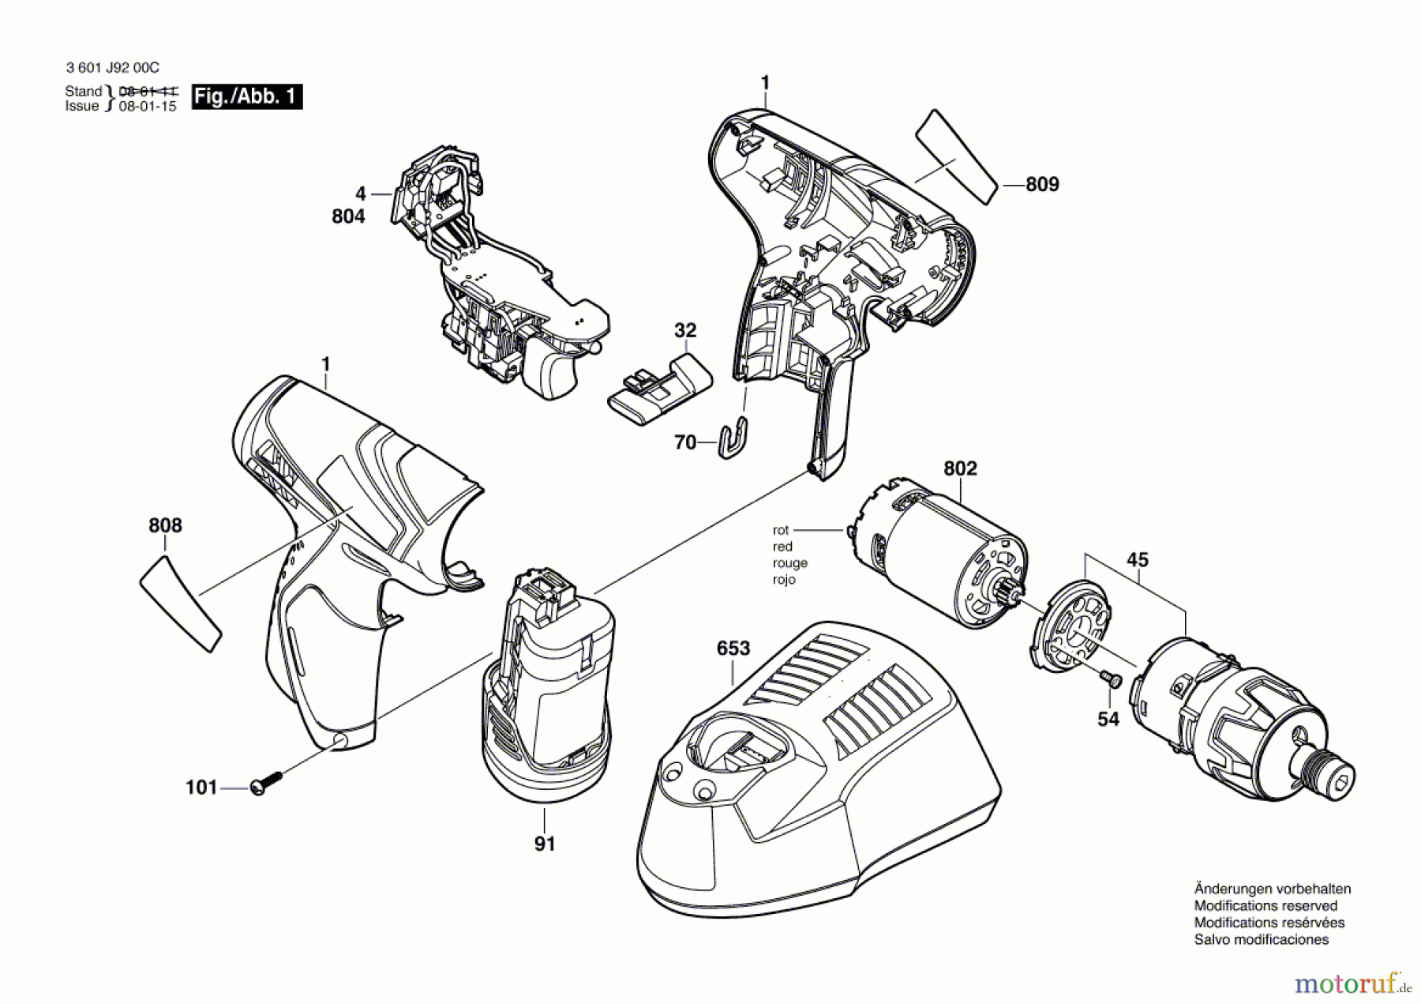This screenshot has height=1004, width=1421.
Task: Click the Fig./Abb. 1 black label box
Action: click(x=247, y=97)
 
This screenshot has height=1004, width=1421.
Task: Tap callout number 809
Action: click(x=1042, y=184)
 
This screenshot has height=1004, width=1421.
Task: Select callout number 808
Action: click(x=165, y=525)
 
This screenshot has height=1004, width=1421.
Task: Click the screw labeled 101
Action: click(x=264, y=783)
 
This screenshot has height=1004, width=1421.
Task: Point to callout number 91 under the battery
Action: click(x=545, y=844)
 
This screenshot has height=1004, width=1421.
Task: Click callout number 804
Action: click(x=348, y=216)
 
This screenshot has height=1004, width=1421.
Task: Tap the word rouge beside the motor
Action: click(x=789, y=563)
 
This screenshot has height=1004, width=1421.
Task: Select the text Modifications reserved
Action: click(x=1265, y=905)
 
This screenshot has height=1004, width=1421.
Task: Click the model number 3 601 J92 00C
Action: click(x=112, y=69)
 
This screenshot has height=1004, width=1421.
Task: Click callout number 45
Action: click(x=1137, y=560)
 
